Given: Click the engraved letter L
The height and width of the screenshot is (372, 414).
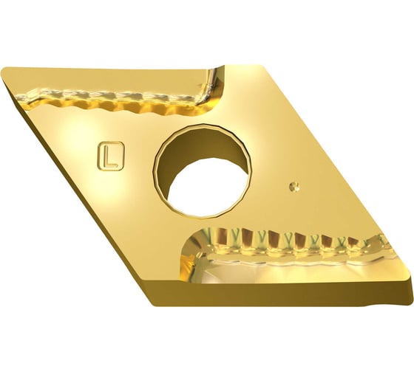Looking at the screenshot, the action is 110,157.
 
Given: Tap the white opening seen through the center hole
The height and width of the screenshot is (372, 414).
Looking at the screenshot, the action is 207,187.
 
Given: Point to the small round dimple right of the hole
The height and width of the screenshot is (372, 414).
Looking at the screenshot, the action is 294,187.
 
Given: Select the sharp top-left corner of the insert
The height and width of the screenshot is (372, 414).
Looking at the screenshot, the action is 3,70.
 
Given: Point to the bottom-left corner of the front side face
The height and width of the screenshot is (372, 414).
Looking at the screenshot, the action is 154,306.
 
